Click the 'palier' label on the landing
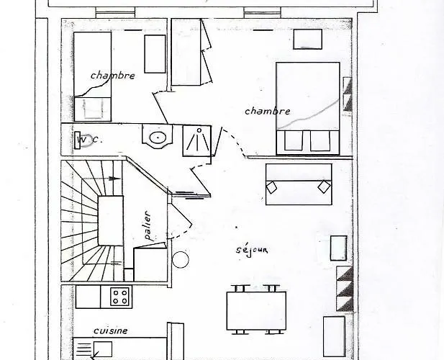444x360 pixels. tap(148, 226)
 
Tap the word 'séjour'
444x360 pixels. tap(252, 251)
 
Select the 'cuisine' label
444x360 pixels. tap(110, 330)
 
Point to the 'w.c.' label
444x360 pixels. tap(89, 140)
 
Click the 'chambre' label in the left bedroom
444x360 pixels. tap(113, 76)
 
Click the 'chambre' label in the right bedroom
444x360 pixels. tap(268, 111)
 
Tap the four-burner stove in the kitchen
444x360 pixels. tap(119, 297)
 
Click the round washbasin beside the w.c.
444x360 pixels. tap(158, 137)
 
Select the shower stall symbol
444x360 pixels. tap(197, 141)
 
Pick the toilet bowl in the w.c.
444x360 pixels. tap(83, 140)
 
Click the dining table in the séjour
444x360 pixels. tap(256, 310)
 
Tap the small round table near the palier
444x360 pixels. tap(181, 259)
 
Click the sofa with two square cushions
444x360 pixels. tap(299, 184)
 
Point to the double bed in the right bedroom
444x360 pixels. tap(308, 109)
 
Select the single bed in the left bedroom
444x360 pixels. tap(92, 76)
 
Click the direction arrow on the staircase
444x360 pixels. tap(102, 179)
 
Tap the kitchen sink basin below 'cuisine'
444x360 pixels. tap(102, 349)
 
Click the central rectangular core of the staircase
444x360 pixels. tap(111, 220)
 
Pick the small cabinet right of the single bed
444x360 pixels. tap(155, 54)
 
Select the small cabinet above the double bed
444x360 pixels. tap(307, 39)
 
